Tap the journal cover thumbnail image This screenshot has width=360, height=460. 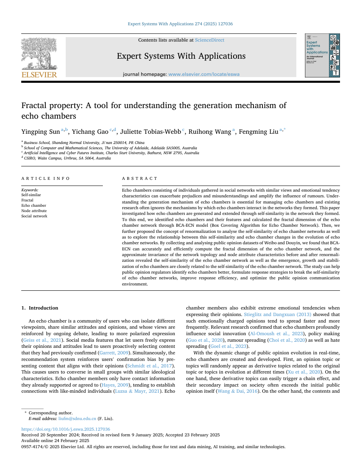point(322,55)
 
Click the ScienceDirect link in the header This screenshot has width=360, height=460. point(209,40)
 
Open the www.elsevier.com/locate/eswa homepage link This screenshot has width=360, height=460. point(204,74)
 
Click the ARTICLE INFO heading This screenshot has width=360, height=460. point(46,179)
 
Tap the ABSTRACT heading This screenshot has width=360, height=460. point(140,179)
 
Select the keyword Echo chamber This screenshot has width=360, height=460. point(33,206)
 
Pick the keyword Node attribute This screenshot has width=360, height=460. point(34,211)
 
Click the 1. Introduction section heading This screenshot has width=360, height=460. point(40,308)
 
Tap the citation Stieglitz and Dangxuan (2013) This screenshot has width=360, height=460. point(278,315)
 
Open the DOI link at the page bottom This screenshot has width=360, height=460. point(66,429)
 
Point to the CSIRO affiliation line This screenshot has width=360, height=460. point(67,158)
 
